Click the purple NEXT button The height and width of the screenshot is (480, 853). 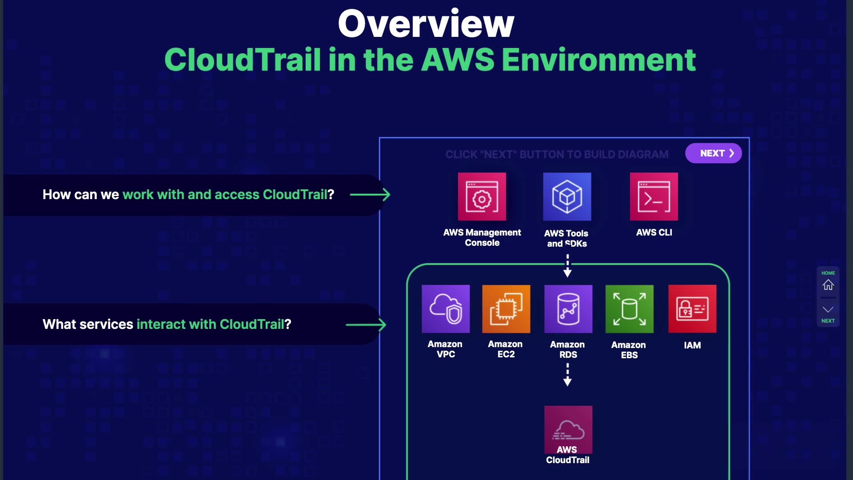pyautogui.click(x=713, y=153)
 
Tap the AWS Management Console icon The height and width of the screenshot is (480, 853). pyautogui.click(x=482, y=197)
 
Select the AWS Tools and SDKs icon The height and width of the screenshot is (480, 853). pyautogui.click(x=567, y=197)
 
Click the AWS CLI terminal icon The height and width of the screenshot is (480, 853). pyautogui.click(x=654, y=197)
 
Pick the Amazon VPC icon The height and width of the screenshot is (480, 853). pyautogui.click(x=446, y=309)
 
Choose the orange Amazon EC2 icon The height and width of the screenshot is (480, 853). pyautogui.click(x=506, y=309)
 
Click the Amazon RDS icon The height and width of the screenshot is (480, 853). pyautogui.click(x=568, y=309)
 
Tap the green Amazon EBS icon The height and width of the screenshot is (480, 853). pyautogui.click(x=630, y=309)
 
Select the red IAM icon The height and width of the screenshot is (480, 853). pyautogui.click(x=692, y=309)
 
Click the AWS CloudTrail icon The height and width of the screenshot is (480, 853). pyautogui.click(x=568, y=429)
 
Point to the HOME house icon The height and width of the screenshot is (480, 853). pyautogui.click(x=828, y=284)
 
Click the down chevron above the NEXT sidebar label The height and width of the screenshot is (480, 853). pyautogui.click(x=828, y=309)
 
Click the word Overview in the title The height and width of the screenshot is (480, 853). pyautogui.click(x=426, y=24)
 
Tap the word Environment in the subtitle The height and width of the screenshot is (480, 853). pyautogui.click(x=598, y=60)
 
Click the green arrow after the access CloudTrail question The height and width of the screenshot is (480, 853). pyautogui.click(x=370, y=195)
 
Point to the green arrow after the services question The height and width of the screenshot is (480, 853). pyautogui.click(x=366, y=325)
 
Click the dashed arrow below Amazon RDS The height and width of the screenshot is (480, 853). pyautogui.click(x=567, y=374)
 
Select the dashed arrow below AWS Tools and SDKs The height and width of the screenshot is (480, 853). pyautogui.click(x=567, y=266)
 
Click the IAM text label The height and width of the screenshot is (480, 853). pyautogui.click(x=692, y=345)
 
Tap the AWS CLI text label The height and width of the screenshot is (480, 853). pyautogui.click(x=654, y=232)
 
